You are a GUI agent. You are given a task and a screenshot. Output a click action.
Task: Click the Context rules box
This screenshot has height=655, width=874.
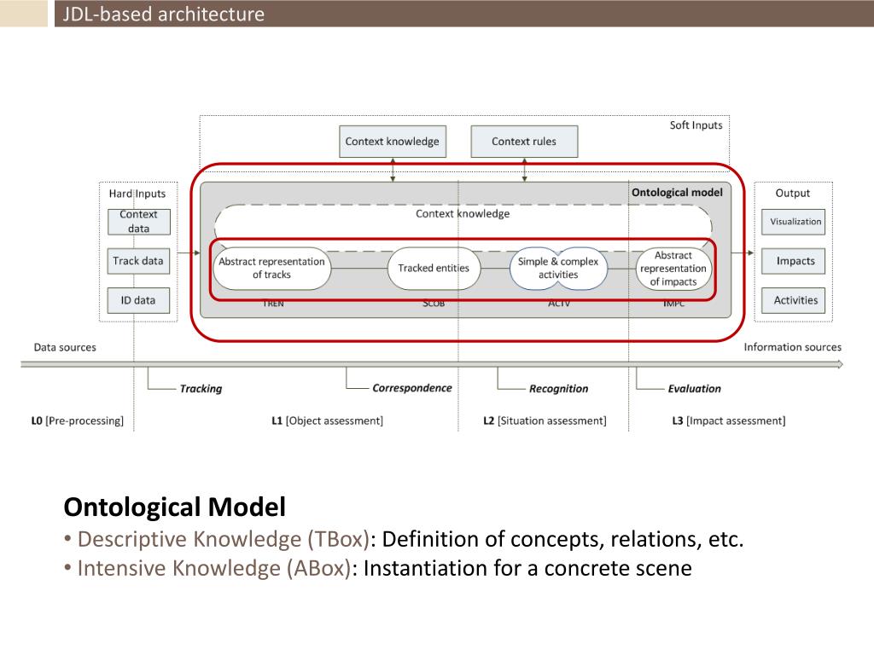click(x=523, y=142)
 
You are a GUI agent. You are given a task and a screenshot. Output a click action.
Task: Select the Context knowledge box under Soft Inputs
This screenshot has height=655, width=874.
click(x=392, y=142)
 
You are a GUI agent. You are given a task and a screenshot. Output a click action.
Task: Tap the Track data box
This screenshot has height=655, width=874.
click(x=138, y=261)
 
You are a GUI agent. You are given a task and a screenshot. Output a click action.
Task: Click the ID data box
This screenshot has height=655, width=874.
click(x=138, y=300)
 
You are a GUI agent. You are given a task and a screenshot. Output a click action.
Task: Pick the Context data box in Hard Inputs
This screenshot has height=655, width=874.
click(x=138, y=222)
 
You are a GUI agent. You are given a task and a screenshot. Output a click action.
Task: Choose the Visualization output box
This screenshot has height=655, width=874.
click(x=795, y=222)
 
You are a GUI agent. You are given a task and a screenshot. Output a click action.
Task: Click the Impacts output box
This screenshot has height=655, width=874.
click(x=795, y=261)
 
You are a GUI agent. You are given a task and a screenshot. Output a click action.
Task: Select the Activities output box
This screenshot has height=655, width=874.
click(x=795, y=300)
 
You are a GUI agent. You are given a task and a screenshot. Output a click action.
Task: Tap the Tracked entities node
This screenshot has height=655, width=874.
click(x=434, y=268)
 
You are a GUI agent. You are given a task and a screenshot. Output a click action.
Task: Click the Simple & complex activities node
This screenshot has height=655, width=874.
click(x=558, y=268)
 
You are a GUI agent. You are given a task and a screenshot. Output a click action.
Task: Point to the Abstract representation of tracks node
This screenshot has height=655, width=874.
click(x=271, y=268)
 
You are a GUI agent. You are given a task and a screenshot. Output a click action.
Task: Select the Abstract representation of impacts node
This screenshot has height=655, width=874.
click(x=673, y=268)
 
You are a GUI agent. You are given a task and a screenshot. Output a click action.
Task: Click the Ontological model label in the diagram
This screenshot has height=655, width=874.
click(x=677, y=193)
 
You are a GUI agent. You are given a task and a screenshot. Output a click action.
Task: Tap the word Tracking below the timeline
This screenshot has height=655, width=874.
click(x=201, y=389)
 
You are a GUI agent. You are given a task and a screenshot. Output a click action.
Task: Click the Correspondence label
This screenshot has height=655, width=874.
click(x=412, y=388)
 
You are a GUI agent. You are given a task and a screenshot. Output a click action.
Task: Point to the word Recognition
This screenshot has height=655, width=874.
click(x=558, y=389)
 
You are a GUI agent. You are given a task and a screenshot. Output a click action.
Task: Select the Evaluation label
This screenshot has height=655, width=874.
click(x=694, y=389)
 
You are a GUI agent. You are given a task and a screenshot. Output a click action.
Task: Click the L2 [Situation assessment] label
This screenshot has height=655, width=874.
click(x=545, y=420)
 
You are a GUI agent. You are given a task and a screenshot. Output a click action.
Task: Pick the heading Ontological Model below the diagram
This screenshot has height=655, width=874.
click(x=175, y=508)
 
